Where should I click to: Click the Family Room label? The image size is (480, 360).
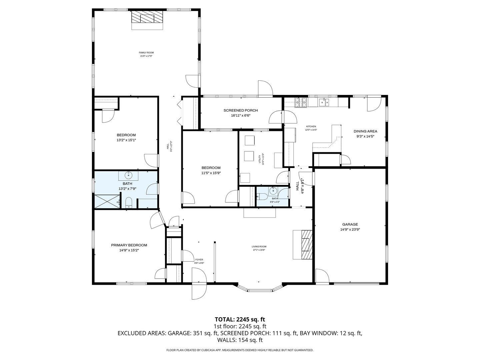tap(146, 53)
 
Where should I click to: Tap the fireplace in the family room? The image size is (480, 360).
tap(147, 19)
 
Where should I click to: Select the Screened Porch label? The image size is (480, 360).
tap(240, 110)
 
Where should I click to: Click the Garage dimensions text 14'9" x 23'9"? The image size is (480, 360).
tap(350, 229)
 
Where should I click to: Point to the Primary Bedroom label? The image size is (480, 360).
tap(129, 245)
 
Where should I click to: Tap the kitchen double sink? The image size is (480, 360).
tap(323, 102)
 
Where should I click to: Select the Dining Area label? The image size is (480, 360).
tap(365, 131)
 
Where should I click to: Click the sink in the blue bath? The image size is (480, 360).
tap(128, 175)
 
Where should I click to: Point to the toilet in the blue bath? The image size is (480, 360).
tap(129, 202)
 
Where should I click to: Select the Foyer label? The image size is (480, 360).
tap(199, 260)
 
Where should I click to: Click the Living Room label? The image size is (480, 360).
tap(259, 247)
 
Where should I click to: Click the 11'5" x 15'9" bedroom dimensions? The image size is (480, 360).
tap(211, 173)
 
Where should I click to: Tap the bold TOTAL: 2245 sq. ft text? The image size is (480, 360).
tap(240, 319)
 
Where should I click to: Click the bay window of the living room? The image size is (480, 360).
tap(260, 289)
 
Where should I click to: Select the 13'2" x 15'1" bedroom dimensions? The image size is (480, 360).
tap(126, 140)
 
